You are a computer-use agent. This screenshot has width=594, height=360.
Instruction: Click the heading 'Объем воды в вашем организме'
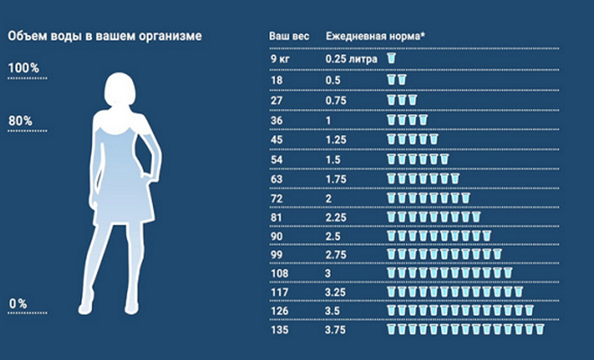point(104,36)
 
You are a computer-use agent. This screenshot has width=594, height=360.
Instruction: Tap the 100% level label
point(23,68)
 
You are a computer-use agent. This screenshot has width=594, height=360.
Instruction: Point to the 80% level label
point(21,121)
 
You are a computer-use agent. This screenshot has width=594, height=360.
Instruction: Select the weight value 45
point(276,139)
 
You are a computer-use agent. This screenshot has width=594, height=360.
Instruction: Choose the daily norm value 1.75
point(335,178)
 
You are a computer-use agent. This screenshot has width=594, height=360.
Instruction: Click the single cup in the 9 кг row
point(391,58)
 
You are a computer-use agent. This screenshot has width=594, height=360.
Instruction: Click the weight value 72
point(276,197)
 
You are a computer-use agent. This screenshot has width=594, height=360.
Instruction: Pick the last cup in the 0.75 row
point(412,99)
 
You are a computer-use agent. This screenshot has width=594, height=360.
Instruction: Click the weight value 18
point(275,79)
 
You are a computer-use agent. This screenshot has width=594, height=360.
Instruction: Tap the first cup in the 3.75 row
point(391,330)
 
